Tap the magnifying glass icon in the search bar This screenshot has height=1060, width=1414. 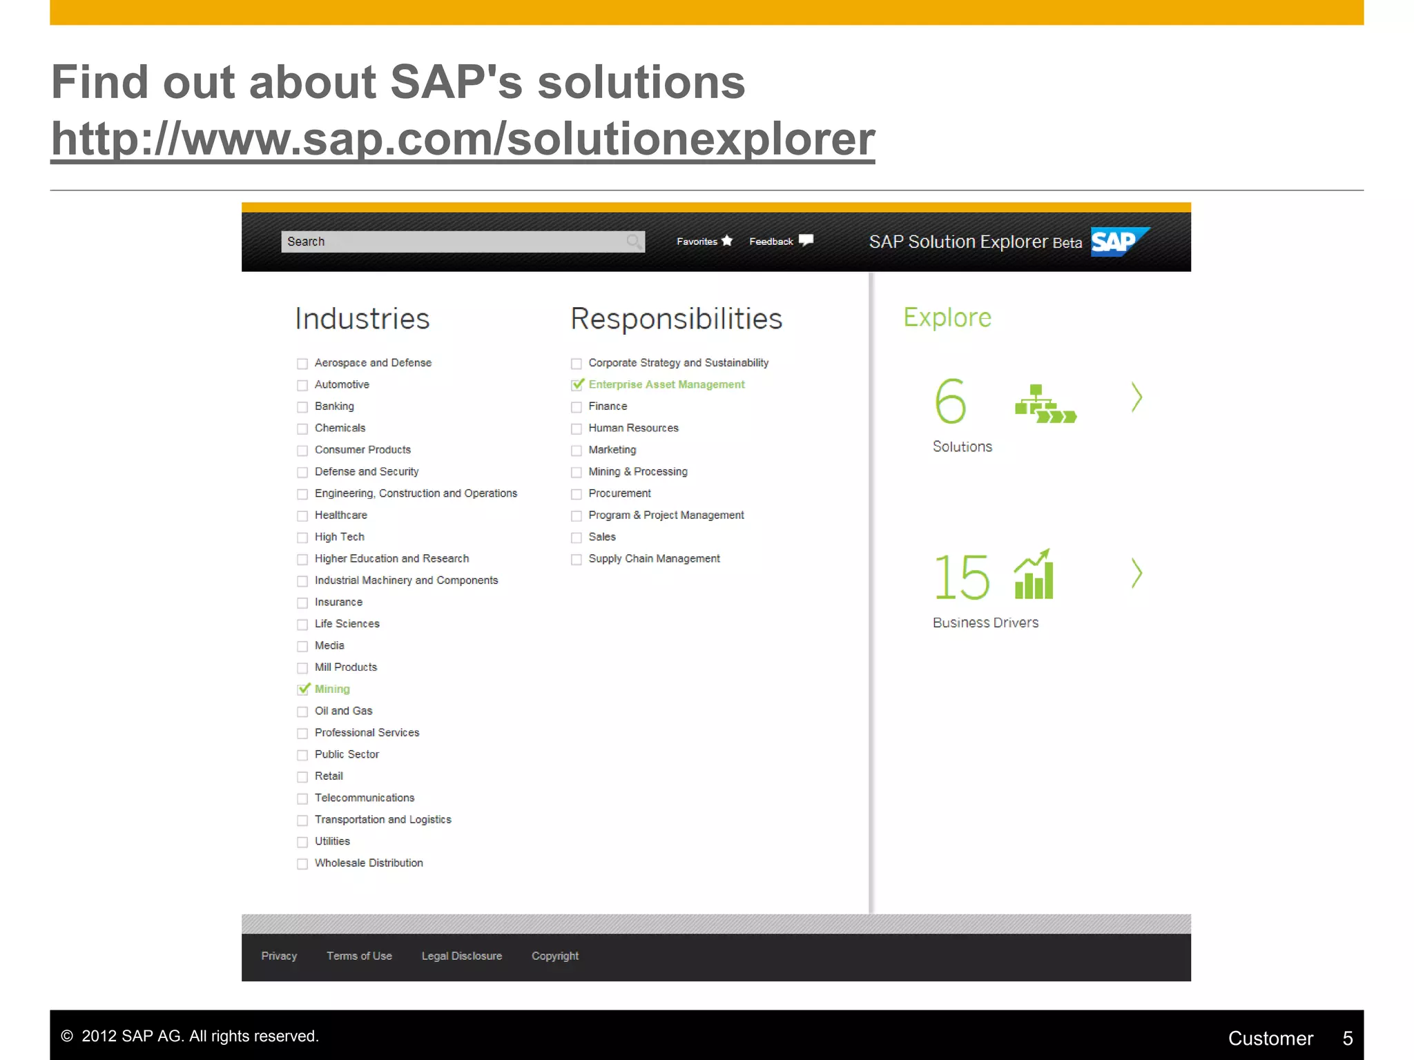click(x=633, y=242)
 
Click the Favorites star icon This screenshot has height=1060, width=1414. click(x=727, y=241)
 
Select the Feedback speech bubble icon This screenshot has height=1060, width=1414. click(x=806, y=241)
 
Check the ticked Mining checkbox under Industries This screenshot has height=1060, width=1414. click(x=303, y=689)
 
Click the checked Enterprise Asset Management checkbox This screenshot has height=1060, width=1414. click(x=577, y=385)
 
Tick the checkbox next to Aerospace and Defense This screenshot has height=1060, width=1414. click(x=302, y=364)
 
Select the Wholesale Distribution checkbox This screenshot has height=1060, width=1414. click(x=302, y=864)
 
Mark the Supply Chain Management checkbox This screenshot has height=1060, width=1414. click(x=577, y=560)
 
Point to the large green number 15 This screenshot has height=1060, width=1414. click(x=961, y=577)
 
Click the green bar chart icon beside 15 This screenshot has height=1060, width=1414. click(x=1034, y=574)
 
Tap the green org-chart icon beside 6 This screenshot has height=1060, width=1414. click(x=1045, y=404)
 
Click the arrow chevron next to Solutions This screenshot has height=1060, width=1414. click(x=1136, y=397)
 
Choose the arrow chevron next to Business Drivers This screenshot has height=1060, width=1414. click(x=1136, y=573)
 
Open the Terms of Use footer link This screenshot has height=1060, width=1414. click(x=359, y=956)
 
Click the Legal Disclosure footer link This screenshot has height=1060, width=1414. click(x=461, y=956)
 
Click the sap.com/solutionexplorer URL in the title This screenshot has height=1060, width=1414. click(x=463, y=139)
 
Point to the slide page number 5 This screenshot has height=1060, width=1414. click(x=1347, y=1038)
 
